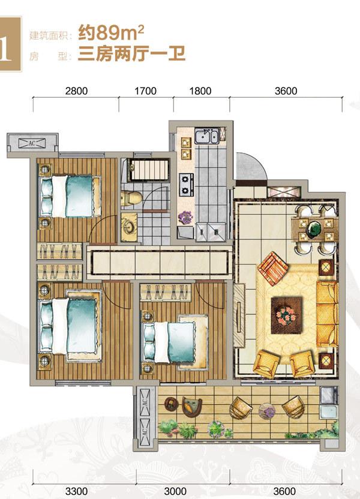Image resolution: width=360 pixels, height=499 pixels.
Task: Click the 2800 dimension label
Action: point(76,91)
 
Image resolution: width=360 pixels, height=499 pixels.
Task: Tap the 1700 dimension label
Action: point(145,91)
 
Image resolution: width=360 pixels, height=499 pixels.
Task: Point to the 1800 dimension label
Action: point(200,91)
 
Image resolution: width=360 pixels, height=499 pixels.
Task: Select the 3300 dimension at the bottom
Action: point(76,491)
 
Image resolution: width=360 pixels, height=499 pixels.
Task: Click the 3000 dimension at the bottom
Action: point(175,491)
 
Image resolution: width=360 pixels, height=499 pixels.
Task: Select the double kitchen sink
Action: point(206,136)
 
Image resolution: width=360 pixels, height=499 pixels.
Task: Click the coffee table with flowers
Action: point(286,315)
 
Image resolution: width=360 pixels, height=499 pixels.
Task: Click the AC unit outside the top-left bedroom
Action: point(32,143)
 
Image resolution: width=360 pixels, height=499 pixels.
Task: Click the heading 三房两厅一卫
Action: point(131,54)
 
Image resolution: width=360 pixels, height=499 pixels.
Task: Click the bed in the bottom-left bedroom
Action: point(70,326)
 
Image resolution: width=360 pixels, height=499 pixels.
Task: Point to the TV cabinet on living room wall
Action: point(239,315)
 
